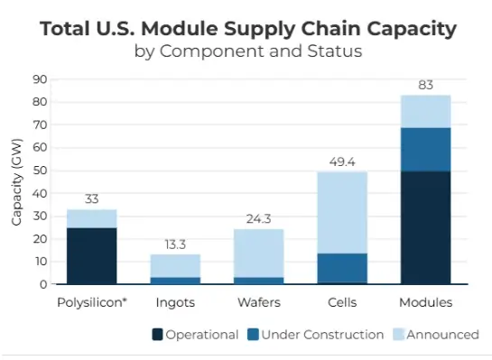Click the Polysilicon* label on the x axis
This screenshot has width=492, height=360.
coord(91,301)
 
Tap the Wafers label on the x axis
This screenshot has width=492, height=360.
coord(259,301)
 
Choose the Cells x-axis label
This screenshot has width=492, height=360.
coord(341,301)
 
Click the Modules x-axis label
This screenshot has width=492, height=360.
coord(425,301)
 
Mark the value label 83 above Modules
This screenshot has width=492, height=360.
coord(425,86)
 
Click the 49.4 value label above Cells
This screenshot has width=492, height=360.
coord(341,162)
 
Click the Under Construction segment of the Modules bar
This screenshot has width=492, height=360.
coord(425,149)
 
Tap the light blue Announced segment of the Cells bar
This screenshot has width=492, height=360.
coord(341,212)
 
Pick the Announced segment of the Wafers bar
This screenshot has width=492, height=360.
coord(259,253)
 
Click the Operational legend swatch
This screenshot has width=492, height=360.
coord(159,335)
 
